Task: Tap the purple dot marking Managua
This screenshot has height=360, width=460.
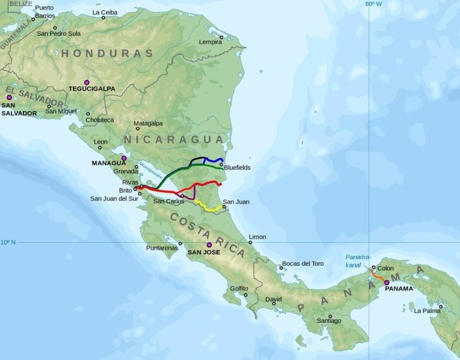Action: (x=124, y=159)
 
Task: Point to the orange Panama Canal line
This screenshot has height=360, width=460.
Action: (x=377, y=276)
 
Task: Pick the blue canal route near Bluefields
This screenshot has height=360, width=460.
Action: (x=214, y=160)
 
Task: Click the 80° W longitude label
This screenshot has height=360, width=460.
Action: (x=373, y=4)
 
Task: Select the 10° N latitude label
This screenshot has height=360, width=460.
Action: (x=8, y=242)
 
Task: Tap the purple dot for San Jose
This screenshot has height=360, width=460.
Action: (x=209, y=245)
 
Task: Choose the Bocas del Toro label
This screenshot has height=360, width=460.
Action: (x=302, y=264)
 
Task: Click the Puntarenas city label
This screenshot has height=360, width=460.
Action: (x=162, y=248)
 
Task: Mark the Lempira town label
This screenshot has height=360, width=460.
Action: (x=210, y=42)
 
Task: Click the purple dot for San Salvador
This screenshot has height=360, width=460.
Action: (x=9, y=97)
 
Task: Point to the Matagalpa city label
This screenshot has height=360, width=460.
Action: (x=148, y=123)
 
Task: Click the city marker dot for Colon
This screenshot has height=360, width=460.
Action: (x=373, y=268)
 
